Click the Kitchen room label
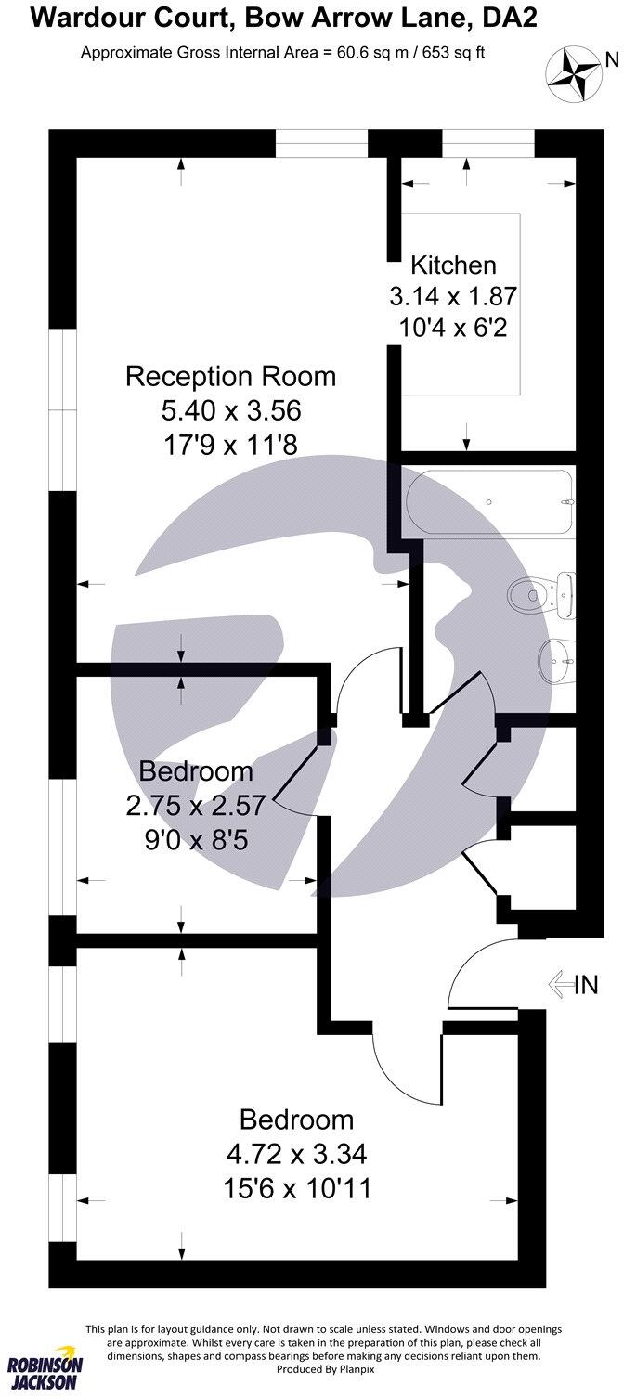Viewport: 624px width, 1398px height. pyautogui.click(x=453, y=265)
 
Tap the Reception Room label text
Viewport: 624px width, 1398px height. pyautogui.click(x=230, y=377)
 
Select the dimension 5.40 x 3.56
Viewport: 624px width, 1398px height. pyautogui.click(x=230, y=409)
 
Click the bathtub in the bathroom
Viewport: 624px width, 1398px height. pyautogui.click(x=491, y=501)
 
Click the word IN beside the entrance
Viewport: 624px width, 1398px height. pyautogui.click(x=588, y=984)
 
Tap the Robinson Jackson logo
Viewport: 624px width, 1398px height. pyautogui.click(x=45, y=1368)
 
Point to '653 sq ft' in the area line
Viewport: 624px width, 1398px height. pyautogui.click(x=452, y=53)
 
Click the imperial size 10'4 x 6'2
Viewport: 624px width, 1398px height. pyautogui.click(x=453, y=329)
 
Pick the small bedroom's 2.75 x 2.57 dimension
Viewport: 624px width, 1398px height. pyautogui.click(x=196, y=805)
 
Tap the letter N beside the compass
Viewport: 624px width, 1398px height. pyautogui.click(x=611, y=60)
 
